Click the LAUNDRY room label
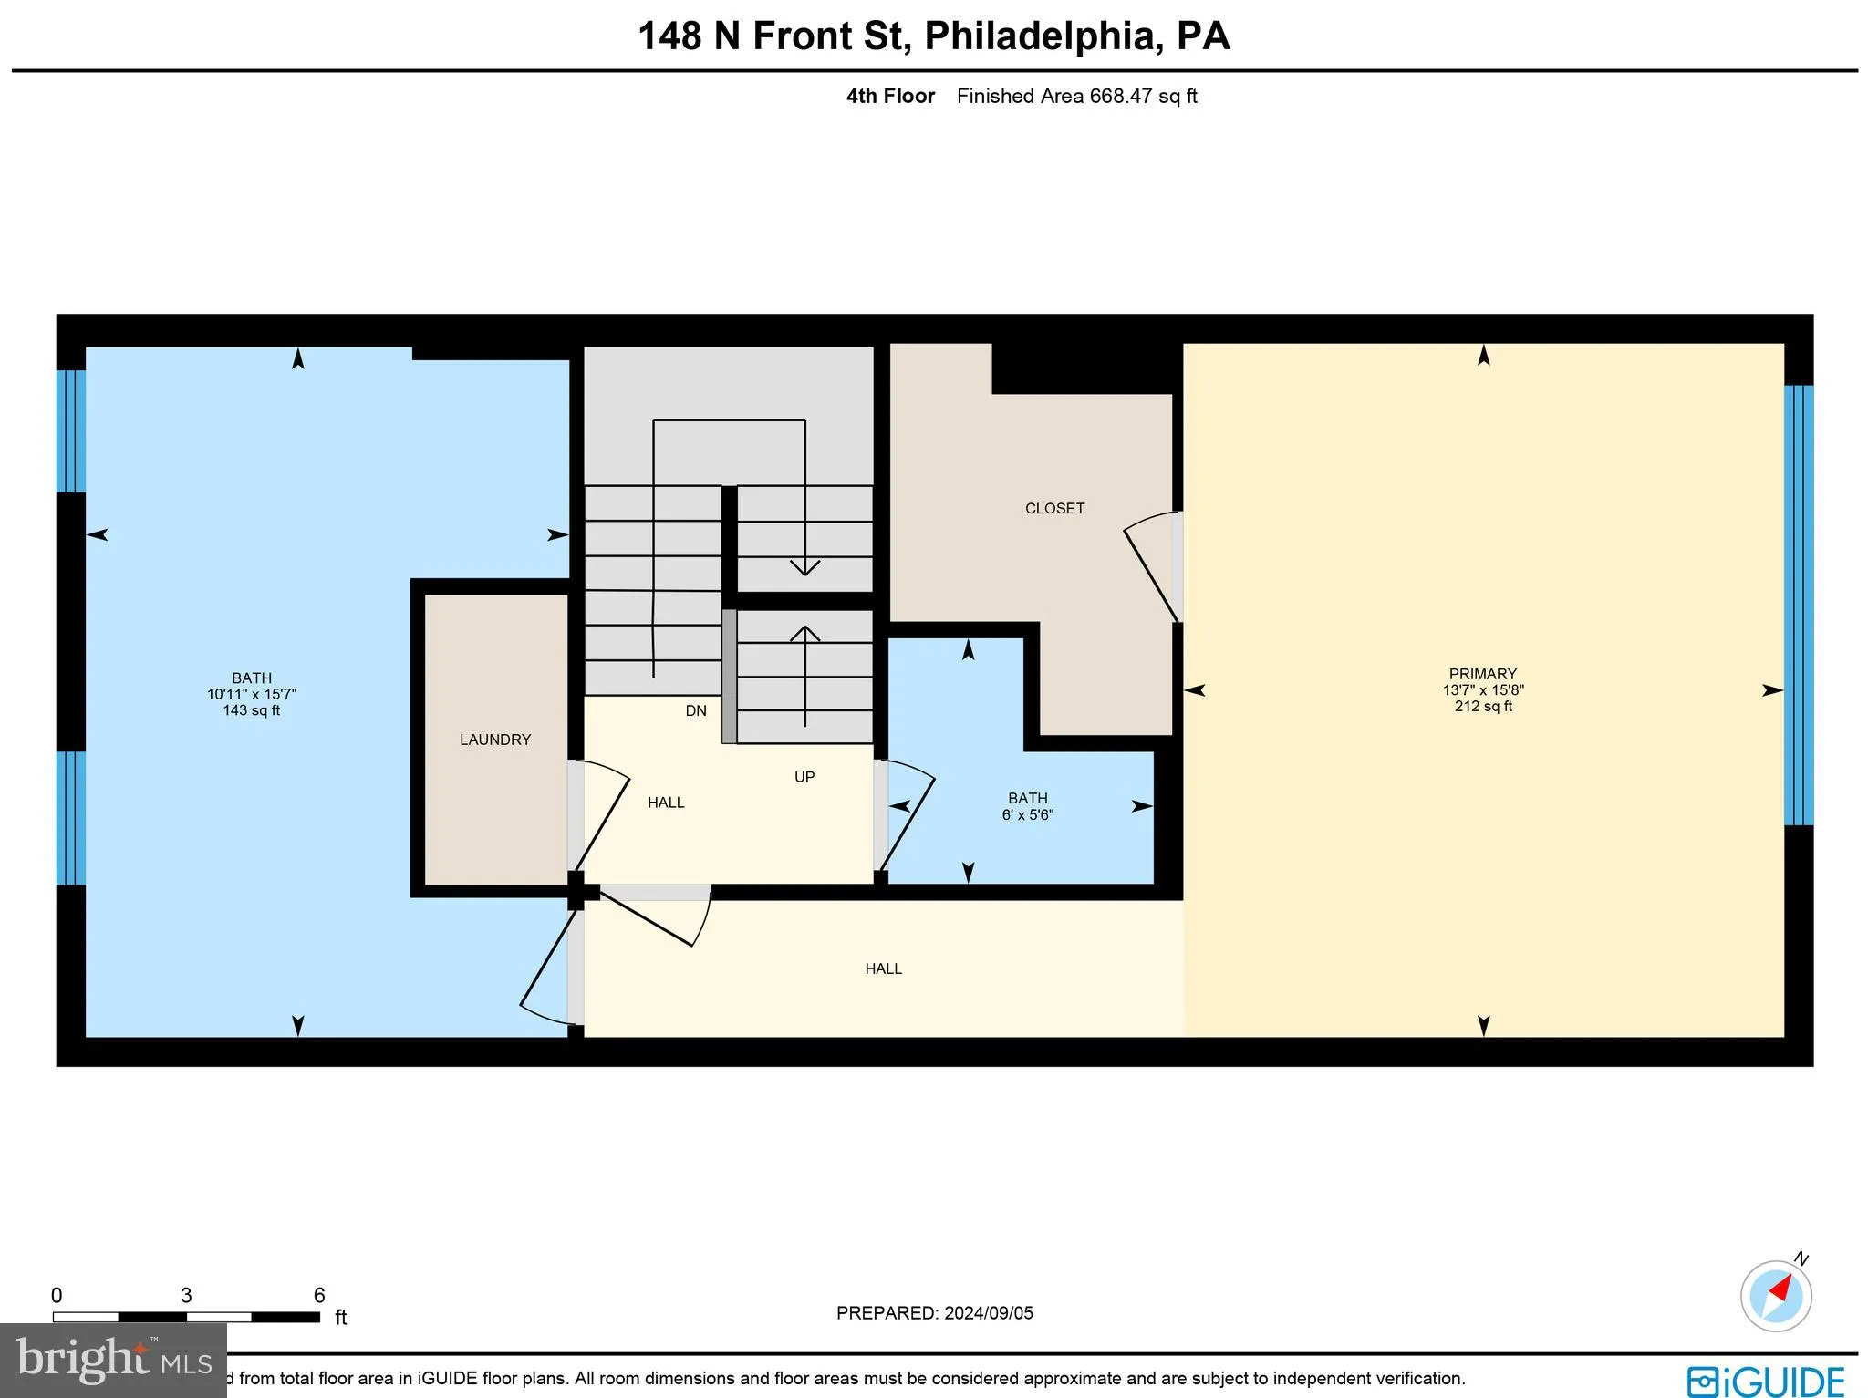click(495, 740)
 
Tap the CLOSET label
click(1054, 509)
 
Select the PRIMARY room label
click(1482, 674)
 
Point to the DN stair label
click(696, 711)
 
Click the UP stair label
click(804, 777)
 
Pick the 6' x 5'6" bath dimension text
click(1027, 815)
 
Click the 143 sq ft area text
click(251, 710)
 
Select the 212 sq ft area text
click(1483, 707)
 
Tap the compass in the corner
click(1775, 1296)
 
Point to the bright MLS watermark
click(113, 1360)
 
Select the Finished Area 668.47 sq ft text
click(1076, 97)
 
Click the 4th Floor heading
click(890, 97)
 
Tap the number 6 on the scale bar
click(319, 1296)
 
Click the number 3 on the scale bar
click(186, 1296)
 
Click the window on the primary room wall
click(1798, 605)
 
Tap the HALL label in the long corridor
click(883, 968)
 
